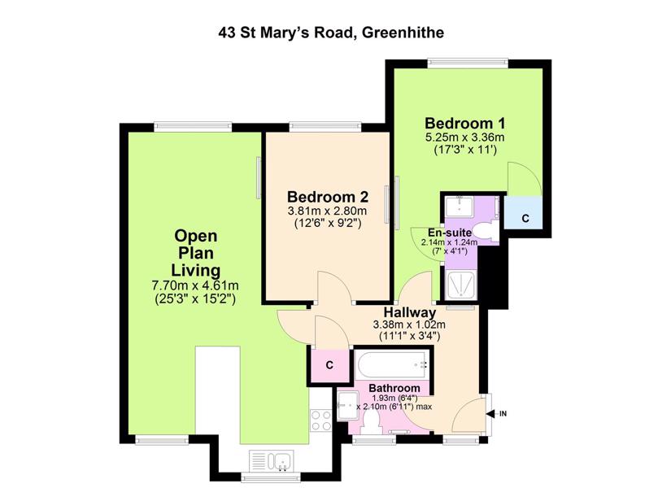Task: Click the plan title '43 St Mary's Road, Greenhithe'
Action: [x=331, y=33]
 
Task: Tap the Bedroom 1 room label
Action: [x=464, y=124]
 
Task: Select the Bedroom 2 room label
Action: [x=328, y=197]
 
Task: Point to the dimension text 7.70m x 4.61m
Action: [x=195, y=285]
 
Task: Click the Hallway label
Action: [x=410, y=312]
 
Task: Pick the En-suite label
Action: [x=450, y=233]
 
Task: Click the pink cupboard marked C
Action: [x=329, y=365]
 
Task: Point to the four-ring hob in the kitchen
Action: [x=321, y=420]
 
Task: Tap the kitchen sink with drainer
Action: [x=271, y=460]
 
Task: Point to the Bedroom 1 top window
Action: [x=468, y=63]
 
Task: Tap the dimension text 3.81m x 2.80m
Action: [x=328, y=211]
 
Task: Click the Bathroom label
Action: [x=394, y=388]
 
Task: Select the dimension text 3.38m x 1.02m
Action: [x=410, y=325]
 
